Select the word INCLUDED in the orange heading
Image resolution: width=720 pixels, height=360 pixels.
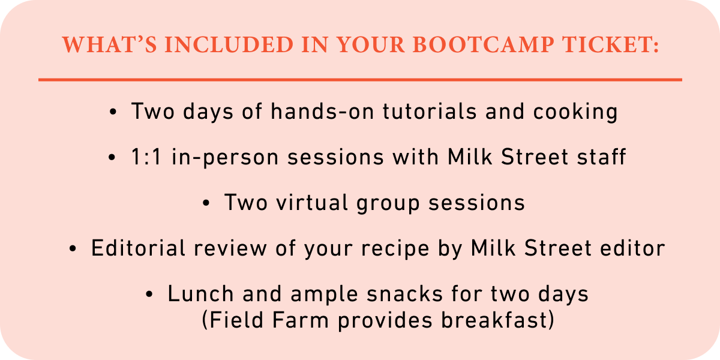coord(229,44)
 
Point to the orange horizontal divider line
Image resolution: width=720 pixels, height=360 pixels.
coord(360,80)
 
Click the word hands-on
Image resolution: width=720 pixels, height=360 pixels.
coord(322,111)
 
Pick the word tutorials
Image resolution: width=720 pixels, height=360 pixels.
coord(430,111)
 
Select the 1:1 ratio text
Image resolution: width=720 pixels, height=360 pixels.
coord(146,157)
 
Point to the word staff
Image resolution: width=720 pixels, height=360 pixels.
coord(601,157)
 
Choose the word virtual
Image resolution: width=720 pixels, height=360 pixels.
coord(312,203)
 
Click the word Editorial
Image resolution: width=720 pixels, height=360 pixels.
coord(138,248)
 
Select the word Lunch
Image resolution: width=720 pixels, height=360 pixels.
coord(200,293)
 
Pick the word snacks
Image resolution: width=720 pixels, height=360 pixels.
coord(404,293)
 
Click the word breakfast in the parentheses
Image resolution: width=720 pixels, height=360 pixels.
coord(494,320)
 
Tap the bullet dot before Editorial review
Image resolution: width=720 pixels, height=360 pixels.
coord(73,248)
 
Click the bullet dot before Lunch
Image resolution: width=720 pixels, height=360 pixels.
coord(149,294)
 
